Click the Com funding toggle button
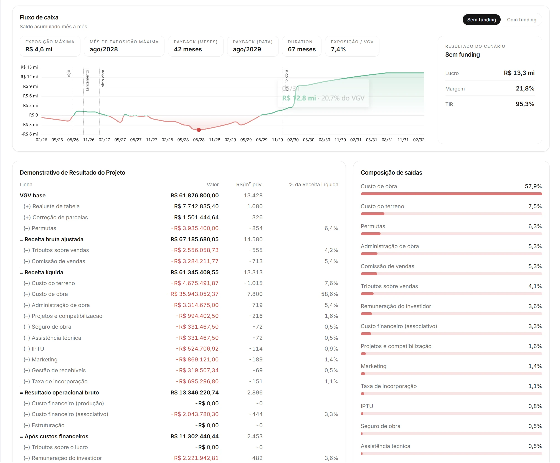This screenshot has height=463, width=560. (521, 20)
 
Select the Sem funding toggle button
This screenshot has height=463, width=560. (482, 20)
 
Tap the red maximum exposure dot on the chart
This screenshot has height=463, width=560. (199, 130)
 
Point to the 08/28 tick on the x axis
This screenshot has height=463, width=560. (199, 140)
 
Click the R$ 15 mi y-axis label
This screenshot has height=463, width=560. (29, 67)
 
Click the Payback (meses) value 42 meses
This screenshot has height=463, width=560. (188, 49)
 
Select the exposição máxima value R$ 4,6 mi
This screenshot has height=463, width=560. (39, 49)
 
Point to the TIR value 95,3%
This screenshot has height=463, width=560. (525, 104)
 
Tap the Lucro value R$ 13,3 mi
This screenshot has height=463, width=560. (519, 73)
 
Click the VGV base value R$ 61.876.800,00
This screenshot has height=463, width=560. (194, 195)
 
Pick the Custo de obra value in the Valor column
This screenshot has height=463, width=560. (193, 294)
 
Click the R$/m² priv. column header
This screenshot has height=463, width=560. (249, 185)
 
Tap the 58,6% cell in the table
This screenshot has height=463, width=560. (330, 294)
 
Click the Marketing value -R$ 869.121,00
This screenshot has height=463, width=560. (197, 359)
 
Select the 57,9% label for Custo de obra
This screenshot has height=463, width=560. (533, 186)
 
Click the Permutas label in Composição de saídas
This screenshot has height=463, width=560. (373, 226)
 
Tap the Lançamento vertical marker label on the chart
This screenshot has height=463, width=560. (87, 80)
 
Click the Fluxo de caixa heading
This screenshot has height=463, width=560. (39, 17)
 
